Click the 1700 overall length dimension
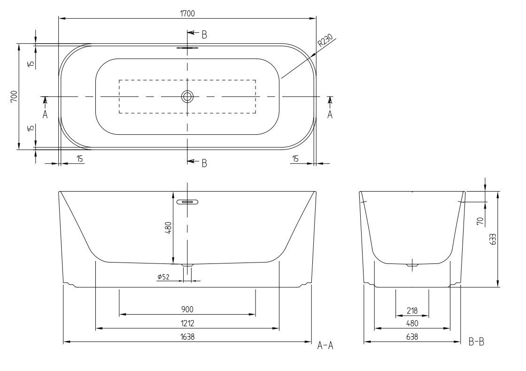pyautogui.click(x=187, y=14)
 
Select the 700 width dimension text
pyautogui.click(x=14, y=96)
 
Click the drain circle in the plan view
pyautogui.click(x=187, y=97)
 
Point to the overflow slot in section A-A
pyautogui.click(x=187, y=202)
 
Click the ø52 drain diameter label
pyautogui.click(x=163, y=277)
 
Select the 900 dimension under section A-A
pyautogui.click(x=187, y=309)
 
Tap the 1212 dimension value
pyautogui.click(x=187, y=323)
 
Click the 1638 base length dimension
pyautogui.click(x=187, y=336)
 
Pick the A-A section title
pyautogui.click(x=325, y=345)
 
